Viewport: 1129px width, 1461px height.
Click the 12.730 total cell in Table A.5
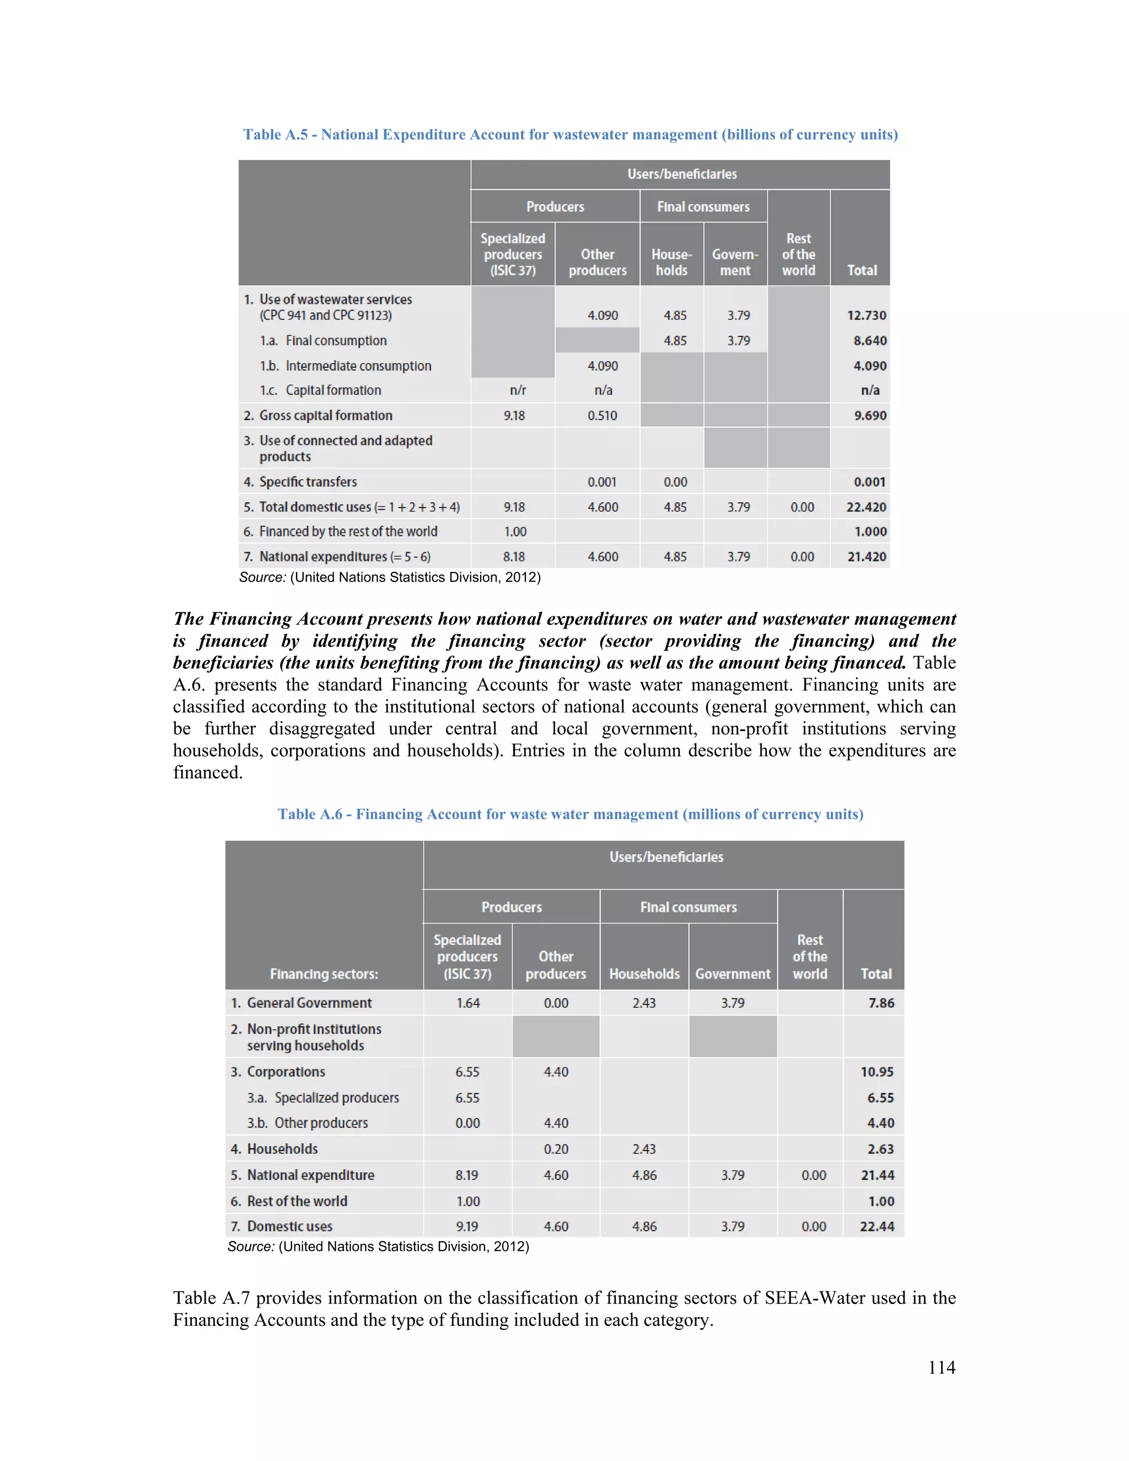[866, 315]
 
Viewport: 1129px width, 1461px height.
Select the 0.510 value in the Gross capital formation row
[602, 416]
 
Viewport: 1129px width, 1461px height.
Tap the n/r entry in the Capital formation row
[517, 390]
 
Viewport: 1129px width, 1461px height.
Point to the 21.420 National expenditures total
[866, 557]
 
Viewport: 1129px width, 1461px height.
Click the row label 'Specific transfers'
[308, 482]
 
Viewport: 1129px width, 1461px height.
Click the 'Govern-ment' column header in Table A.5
[734, 262]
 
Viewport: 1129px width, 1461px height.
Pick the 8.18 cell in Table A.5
[514, 557]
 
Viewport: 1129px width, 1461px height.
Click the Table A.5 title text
[570, 135]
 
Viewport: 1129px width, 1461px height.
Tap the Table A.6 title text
[570, 814]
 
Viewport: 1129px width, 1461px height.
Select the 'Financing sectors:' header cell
[324, 974]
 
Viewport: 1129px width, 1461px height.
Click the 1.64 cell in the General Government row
[467, 1003]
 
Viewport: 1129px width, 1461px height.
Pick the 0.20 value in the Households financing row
[556, 1150]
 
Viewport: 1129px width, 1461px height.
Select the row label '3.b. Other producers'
[308, 1123]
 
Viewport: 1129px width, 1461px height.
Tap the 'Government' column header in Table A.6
[733, 974]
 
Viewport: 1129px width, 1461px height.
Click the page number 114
[941, 1367]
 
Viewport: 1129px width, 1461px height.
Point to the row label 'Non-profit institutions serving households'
[313, 1037]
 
